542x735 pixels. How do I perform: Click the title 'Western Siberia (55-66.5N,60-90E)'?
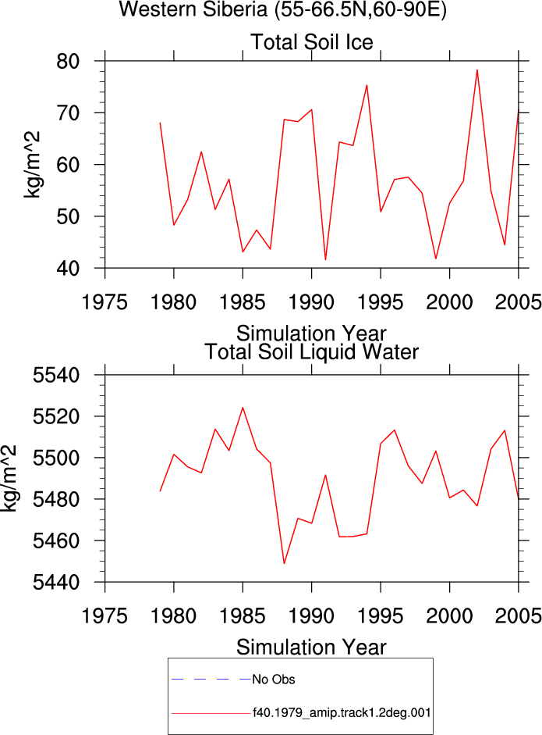click(283, 9)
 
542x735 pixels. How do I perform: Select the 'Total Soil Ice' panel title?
click(312, 41)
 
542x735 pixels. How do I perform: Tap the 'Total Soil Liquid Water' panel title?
click(312, 351)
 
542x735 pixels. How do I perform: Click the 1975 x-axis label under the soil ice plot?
click(105, 301)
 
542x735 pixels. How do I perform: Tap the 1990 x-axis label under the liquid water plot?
click(312, 615)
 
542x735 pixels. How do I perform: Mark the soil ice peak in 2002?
click(477, 70)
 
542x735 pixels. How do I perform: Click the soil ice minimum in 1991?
click(325, 259)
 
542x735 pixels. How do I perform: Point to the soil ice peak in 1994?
click(367, 85)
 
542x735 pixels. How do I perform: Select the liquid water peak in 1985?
click(243, 408)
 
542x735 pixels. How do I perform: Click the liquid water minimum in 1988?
click(284, 563)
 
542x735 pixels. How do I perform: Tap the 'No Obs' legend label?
click(274, 680)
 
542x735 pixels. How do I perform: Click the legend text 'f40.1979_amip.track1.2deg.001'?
click(342, 713)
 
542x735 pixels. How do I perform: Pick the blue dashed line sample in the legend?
click(211, 679)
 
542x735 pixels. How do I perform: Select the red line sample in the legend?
click(211, 713)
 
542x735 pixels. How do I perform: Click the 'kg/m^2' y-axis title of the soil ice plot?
click(32, 165)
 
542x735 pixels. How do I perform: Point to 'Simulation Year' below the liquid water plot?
click(311, 648)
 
